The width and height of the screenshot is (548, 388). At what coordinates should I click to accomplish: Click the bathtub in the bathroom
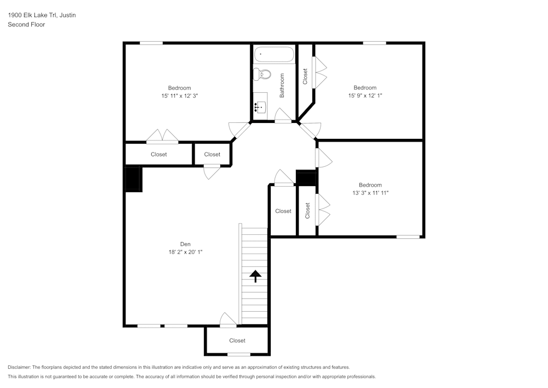click(274, 55)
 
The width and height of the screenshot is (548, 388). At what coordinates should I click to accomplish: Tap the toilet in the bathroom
click(263, 74)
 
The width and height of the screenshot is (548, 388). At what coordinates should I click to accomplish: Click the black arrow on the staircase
click(255, 275)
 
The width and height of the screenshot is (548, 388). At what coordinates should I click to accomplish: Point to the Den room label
click(186, 244)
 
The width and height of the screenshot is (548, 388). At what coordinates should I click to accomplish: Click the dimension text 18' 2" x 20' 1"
click(186, 252)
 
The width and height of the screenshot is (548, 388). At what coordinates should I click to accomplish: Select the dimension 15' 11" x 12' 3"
click(179, 96)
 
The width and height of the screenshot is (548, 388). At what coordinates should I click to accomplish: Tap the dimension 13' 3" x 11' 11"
click(370, 193)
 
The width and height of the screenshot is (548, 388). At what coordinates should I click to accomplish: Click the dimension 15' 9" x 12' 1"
click(364, 96)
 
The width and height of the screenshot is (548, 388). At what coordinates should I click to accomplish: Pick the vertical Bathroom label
click(282, 86)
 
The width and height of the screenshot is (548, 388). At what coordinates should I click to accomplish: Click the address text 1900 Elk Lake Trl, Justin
click(42, 15)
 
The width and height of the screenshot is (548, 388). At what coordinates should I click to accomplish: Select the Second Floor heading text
click(26, 25)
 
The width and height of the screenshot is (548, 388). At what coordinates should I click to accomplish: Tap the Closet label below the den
click(237, 341)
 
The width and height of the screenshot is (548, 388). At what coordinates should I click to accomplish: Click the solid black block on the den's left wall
click(134, 179)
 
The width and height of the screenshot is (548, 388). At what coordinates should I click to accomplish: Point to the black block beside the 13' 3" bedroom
click(306, 178)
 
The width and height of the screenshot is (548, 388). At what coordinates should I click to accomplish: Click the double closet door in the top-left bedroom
click(162, 137)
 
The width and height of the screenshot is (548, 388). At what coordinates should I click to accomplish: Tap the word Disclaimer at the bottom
click(19, 367)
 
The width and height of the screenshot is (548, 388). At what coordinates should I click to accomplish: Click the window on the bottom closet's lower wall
click(238, 355)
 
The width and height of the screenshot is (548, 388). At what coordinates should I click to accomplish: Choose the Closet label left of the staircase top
click(283, 211)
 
